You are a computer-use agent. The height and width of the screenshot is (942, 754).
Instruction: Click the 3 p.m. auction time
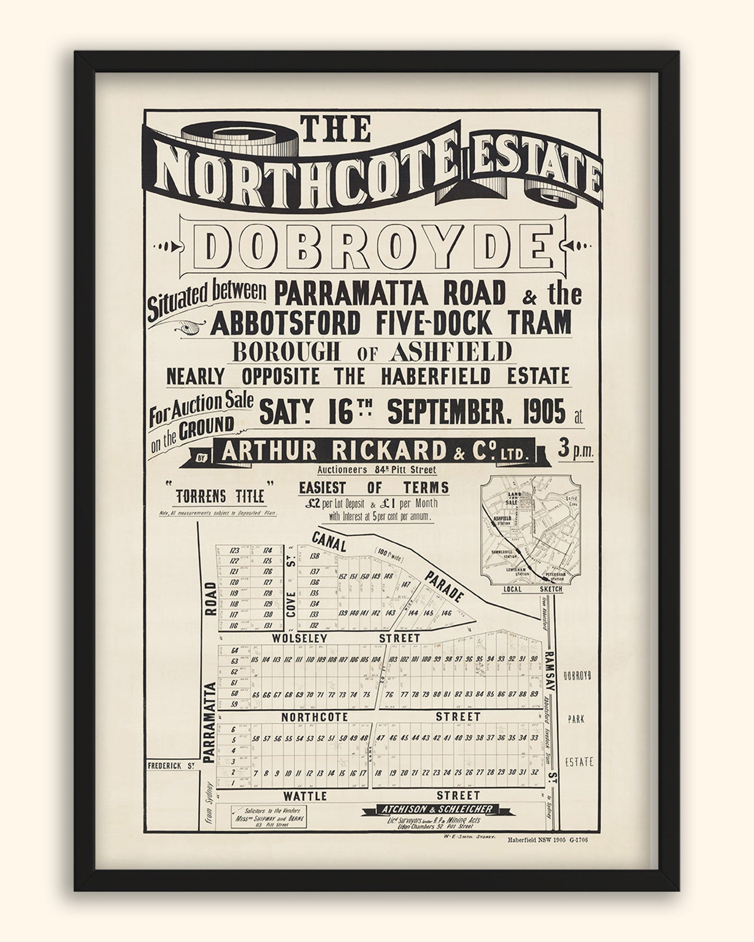tap(576, 451)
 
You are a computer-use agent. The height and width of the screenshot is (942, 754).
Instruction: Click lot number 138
tap(314, 557)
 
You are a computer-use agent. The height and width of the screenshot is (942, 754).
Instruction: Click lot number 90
tap(533, 659)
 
